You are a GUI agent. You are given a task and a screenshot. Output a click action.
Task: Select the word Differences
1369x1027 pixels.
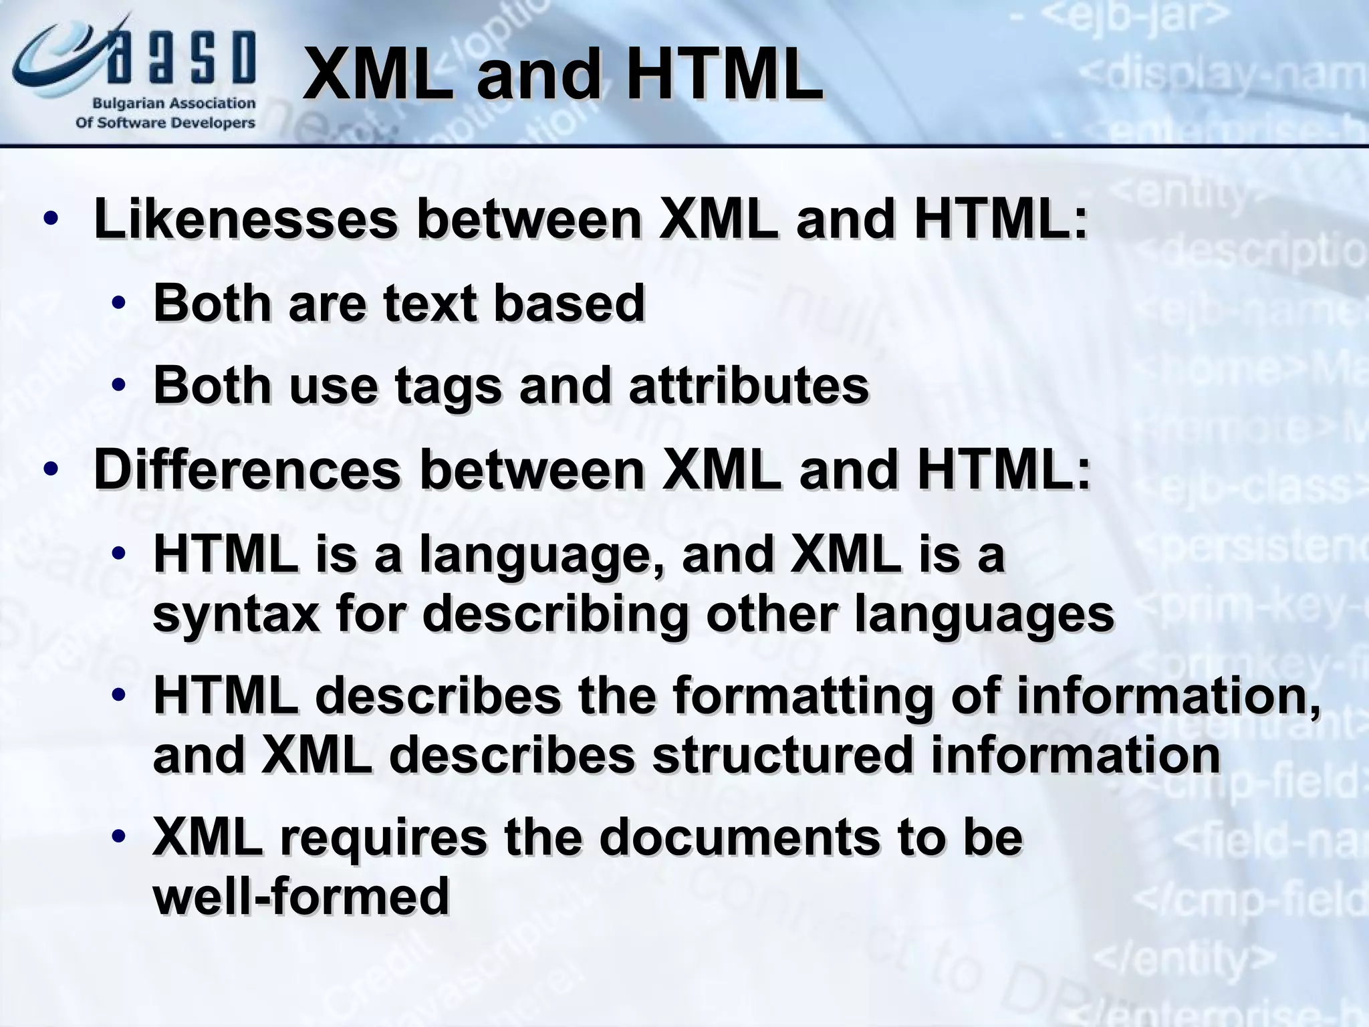[247, 469]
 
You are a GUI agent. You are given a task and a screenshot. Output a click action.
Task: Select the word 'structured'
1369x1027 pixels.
[781, 755]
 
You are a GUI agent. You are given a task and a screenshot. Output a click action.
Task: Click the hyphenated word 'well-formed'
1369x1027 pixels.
[301, 896]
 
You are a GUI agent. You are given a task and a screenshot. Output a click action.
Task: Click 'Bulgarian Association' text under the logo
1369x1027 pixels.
[173, 104]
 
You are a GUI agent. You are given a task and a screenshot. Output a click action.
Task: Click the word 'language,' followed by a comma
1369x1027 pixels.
[541, 556]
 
